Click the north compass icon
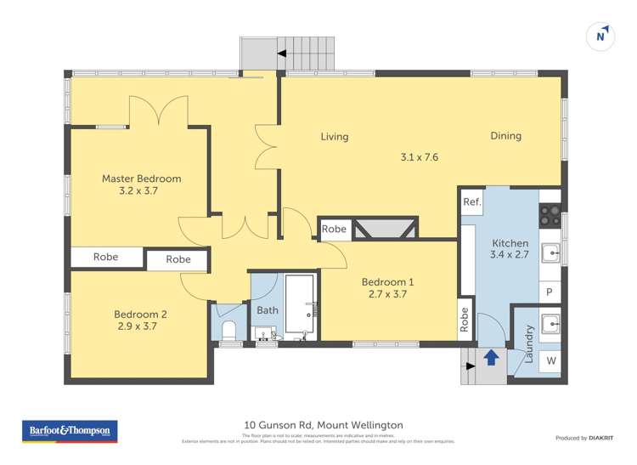click(601, 36)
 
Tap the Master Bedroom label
click(141, 179)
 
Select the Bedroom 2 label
click(140, 314)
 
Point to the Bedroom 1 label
click(387, 282)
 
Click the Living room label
click(334, 136)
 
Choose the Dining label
click(505, 135)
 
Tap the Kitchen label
click(510, 243)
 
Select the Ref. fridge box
click(472, 202)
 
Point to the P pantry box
click(550, 292)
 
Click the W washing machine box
click(550, 361)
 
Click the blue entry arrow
click(490, 357)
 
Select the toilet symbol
click(228, 330)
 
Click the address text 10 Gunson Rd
click(324, 425)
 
